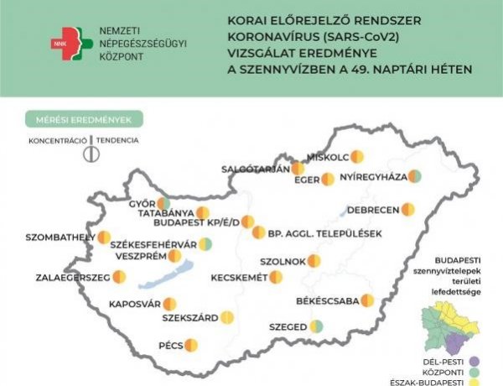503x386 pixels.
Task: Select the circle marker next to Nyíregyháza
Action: pyautogui.click(x=414, y=177)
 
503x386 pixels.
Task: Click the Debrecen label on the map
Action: pyautogui.click(x=372, y=209)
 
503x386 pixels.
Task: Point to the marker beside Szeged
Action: pyautogui.click(x=316, y=326)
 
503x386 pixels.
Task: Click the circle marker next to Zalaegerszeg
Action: pyautogui.click(x=119, y=276)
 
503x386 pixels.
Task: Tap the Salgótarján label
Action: pyautogui.click(x=254, y=169)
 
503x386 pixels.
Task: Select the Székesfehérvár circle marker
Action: pyautogui.click(x=205, y=244)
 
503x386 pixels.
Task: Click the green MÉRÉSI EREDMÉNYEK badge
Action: pyautogui.click(x=84, y=119)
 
